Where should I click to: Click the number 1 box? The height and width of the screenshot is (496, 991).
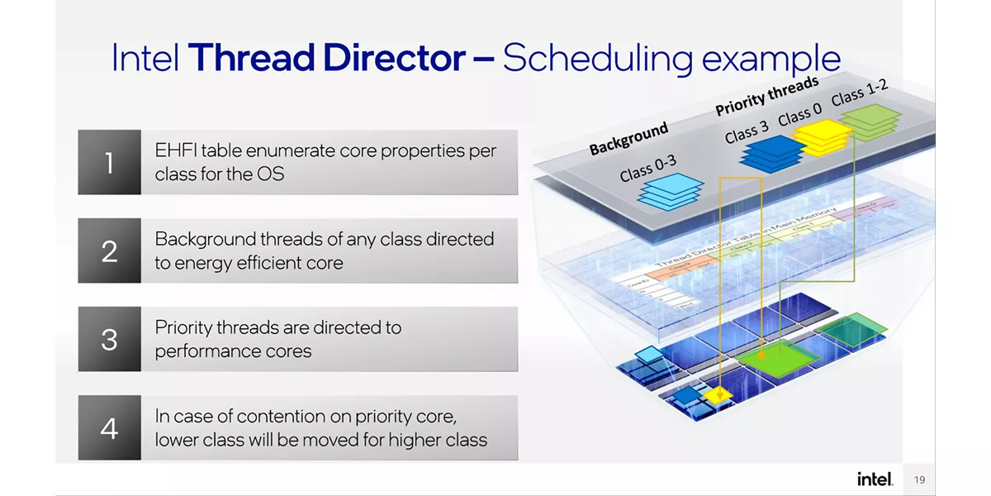click(110, 162)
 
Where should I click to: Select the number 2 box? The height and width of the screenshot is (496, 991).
click(110, 250)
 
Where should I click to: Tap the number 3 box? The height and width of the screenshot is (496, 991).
click(110, 339)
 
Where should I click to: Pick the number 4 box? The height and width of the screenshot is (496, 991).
click(110, 428)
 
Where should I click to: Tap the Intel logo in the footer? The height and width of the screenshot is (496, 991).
click(875, 479)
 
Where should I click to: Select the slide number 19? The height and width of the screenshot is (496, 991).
click(920, 479)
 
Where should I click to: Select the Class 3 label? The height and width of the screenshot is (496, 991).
click(747, 130)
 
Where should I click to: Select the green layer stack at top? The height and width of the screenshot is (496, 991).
click(869, 122)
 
